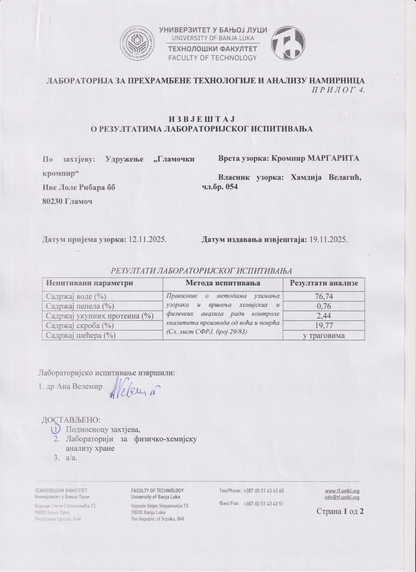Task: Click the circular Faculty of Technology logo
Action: click(x=289, y=43)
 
